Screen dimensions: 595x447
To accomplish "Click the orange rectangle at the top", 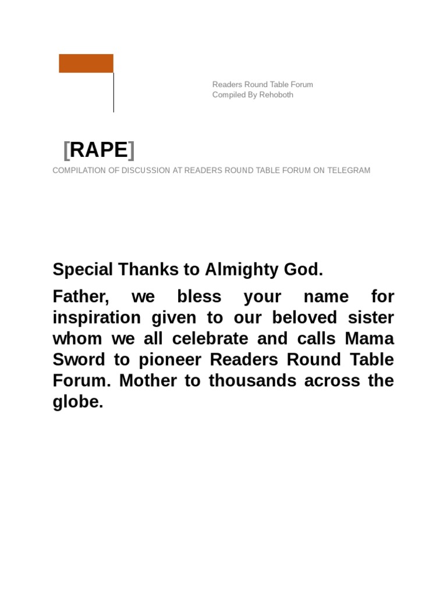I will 86,63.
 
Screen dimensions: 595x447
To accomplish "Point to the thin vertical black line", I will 113,93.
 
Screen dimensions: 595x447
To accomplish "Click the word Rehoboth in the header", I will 276,95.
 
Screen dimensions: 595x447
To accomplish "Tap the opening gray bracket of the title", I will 66,150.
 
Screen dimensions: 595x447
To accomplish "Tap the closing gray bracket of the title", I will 132,150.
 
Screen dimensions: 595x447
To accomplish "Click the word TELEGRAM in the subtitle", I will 348,170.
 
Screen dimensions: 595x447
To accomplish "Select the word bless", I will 199,297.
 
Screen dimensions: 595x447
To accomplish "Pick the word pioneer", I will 172,360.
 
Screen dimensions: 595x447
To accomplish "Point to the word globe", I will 77,402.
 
